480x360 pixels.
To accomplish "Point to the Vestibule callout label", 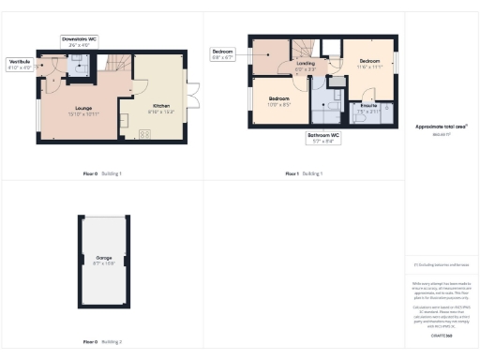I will (x=19, y=63).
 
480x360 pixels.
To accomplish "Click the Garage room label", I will (x=102, y=257).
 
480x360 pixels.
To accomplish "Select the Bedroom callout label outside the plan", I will (x=222, y=51).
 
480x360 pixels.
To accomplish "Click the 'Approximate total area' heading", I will (x=441, y=126).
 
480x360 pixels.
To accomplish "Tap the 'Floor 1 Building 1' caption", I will (x=304, y=173).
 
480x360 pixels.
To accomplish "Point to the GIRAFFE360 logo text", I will (x=442, y=335).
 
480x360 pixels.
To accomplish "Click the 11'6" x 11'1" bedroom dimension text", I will (x=368, y=67).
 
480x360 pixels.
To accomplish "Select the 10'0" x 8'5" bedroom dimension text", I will (x=279, y=104).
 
